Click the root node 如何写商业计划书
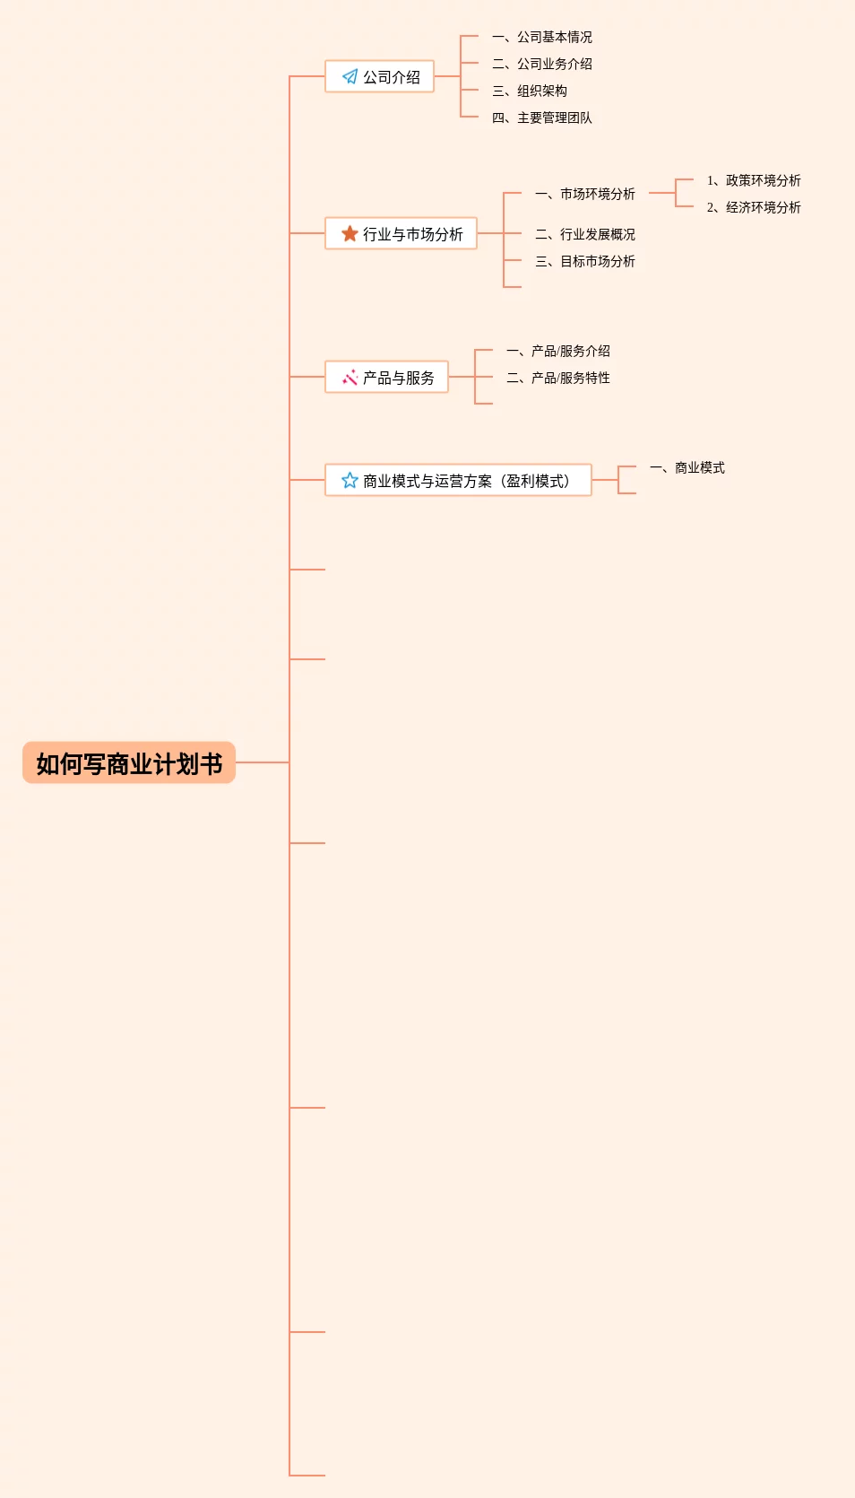(129, 763)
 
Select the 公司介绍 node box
(380, 77)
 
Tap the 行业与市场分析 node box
(402, 234)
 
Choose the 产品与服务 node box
(387, 378)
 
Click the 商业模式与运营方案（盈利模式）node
(458, 481)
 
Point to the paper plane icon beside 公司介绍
(350, 77)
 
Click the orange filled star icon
(350, 234)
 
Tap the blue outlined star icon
(350, 481)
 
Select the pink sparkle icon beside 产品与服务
(350, 378)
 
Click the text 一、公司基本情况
(542, 37)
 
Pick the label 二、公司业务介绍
(542, 64)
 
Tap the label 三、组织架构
(530, 91)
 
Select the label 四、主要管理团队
(542, 118)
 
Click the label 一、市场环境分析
(585, 194)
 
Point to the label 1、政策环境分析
(754, 180)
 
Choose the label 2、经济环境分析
(754, 207)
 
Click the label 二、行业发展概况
(585, 234)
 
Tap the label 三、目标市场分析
(585, 261)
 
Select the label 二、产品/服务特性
(558, 378)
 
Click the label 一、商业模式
(687, 467)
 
